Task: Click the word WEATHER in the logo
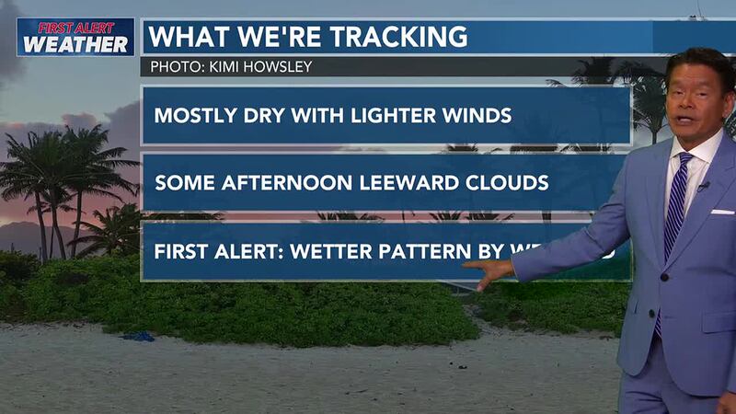[x=75, y=43]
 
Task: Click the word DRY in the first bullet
[x=243, y=116]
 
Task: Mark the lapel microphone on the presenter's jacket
[x=703, y=186]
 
